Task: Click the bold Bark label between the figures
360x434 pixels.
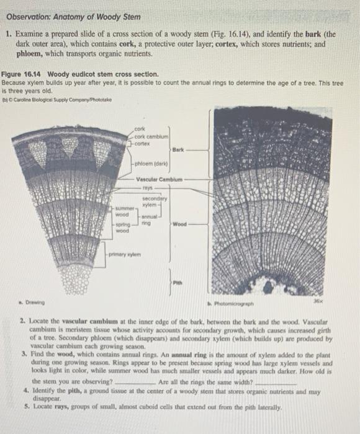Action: tap(178, 149)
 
